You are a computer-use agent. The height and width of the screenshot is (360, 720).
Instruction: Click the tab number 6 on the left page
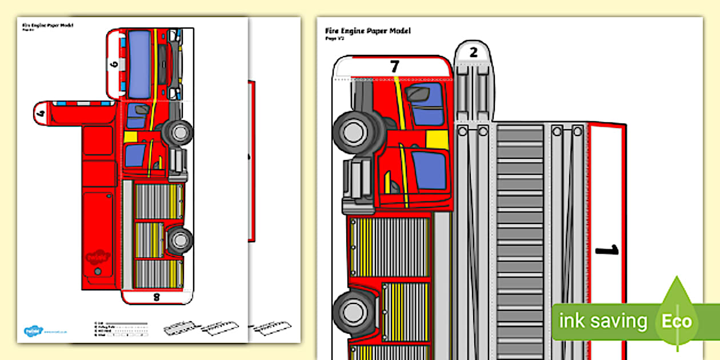pos(115,64)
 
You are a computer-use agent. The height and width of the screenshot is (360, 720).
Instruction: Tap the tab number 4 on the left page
pos(41,113)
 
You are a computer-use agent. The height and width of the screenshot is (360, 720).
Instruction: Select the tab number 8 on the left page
pos(156,297)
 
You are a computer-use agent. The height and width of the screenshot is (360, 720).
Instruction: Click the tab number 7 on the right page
pos(394,66)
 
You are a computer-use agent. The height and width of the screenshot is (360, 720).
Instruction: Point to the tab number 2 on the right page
pos(473,53)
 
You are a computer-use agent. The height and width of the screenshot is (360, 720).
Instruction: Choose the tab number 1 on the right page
pos(607,250)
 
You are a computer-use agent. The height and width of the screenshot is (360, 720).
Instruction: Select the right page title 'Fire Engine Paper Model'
pos(367,30)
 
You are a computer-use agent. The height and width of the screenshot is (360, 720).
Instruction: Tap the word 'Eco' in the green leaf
pos(677,321)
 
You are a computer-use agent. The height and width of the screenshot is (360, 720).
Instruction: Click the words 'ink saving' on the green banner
pos(603,321)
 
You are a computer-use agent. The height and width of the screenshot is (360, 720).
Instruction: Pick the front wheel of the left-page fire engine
pos(178,132)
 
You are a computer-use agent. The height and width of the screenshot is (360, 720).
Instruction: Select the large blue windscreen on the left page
pos(139,64)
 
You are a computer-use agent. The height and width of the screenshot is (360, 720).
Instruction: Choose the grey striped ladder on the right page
pos(519,240)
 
